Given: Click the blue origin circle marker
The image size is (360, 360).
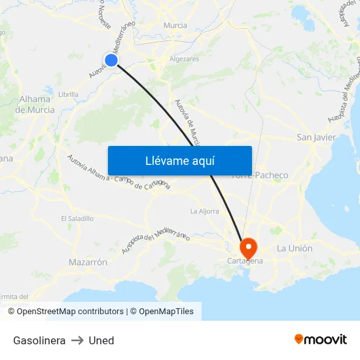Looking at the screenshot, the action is pos(111,60).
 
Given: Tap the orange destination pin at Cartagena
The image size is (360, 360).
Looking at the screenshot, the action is pos(249,247).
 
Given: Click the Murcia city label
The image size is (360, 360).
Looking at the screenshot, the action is pos(175,26).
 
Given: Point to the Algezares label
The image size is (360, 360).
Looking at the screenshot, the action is pos(185,59).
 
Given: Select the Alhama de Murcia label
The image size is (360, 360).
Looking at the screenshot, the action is pos(36,105).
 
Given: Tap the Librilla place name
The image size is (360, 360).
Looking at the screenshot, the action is pos(68,94).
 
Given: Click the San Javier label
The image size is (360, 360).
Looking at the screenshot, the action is pos(316,137).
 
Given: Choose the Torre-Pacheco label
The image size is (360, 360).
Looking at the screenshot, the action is pos(260,175).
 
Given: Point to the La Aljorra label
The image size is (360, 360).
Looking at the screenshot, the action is pos(204,211).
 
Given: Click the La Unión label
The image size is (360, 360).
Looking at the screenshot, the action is pos(295,249).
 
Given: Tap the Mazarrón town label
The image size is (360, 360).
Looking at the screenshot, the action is pos(88,262).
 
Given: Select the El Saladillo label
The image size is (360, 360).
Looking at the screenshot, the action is pos(77,219).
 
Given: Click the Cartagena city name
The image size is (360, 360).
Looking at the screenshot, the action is pos(245,261).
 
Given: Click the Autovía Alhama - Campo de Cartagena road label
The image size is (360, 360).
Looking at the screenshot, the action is pos(119,173).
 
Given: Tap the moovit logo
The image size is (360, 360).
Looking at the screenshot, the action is pos(321,340).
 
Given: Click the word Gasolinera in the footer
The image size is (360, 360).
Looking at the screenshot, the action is pos(39,340).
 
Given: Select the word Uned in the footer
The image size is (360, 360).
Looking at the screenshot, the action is pos(101,340).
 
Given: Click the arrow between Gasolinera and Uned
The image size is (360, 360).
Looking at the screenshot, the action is pos(77,340).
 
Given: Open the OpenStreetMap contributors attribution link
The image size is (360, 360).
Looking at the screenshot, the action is pos(70,312).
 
